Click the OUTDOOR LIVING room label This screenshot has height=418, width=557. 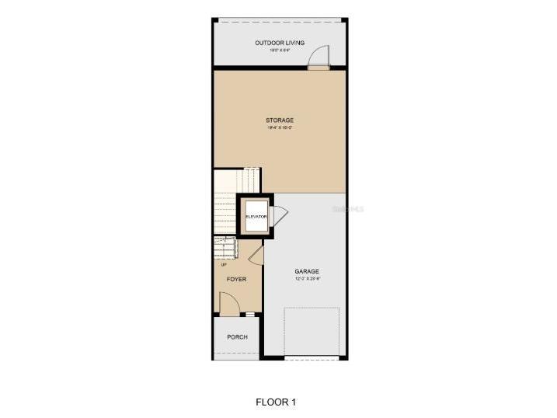click(280, 43)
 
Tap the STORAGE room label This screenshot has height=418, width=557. click(280, 120)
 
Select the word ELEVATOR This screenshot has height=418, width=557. click(256, 216)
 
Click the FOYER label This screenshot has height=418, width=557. click(236, 278)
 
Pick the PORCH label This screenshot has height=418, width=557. click(237, 337)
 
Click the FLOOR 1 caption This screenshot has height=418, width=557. click(276, 402)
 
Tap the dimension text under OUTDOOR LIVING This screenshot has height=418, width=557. click(280, 51)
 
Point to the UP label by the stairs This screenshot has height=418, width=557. click(224, 264)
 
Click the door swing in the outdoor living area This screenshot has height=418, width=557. click(319, 56)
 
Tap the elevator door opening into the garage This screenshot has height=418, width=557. click(280, 214)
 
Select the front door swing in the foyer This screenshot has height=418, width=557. click(228, 303)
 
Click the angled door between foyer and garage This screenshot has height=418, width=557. click(260, 250)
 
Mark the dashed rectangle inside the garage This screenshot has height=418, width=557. click(312, 332)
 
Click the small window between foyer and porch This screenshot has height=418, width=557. click(249, 314)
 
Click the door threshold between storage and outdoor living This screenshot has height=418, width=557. click(318, 68)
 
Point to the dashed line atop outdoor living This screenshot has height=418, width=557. click(280, 21)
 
